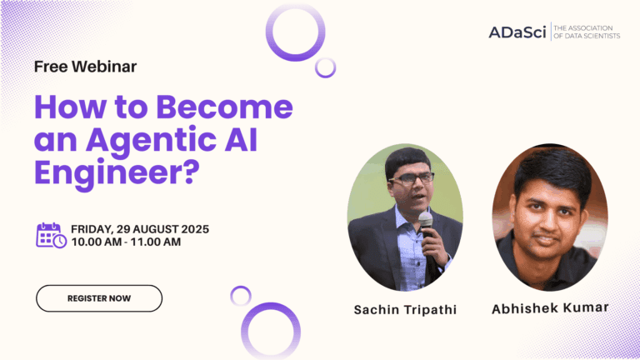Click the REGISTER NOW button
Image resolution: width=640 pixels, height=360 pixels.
pos(98,298)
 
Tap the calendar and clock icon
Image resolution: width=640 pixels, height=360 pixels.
pos(51,235)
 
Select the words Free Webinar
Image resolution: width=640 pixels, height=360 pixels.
pos(85,66)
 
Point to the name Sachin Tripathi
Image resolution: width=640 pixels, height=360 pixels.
pos(405,309)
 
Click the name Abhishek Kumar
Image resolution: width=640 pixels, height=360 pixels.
pos(550,307)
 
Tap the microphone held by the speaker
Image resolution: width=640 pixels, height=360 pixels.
pos(426,221)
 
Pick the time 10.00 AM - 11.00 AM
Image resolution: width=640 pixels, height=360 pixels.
pos(126,242)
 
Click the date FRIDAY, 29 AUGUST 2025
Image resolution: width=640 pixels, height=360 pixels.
pos(140,228)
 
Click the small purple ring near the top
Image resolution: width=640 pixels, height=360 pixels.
pos(326,67)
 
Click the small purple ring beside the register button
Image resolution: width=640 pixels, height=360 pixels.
pos(241,295)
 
